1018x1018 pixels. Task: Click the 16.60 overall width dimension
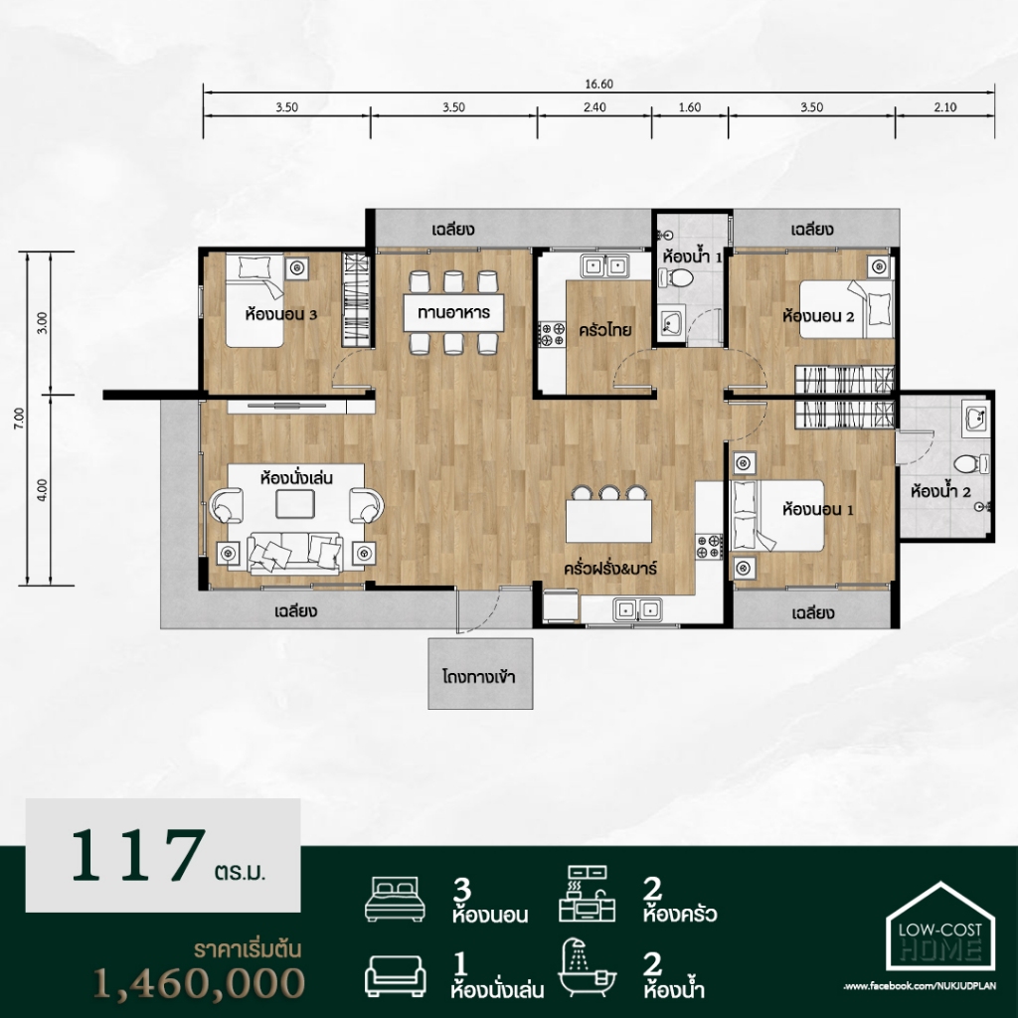tap(598, 84)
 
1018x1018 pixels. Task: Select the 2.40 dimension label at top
tap(594, 107)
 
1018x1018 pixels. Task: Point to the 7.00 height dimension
tap(20, 419)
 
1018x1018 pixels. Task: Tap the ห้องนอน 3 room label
tap(281, 315)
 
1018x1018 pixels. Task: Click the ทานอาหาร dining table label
tap(453, 312)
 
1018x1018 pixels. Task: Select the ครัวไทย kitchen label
tap(605, 330)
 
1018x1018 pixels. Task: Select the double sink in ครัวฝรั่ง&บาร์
tap(637, 609)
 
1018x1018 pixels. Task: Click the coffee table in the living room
tap(295, 504)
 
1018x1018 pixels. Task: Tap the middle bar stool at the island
tap(609, 493)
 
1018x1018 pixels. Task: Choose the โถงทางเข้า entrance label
tap(479, 676)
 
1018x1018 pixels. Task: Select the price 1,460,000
tap(199, 982)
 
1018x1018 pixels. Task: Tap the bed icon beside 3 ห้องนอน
tap(396, 899)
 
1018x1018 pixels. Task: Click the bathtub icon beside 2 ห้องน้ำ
tap(588, 967)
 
